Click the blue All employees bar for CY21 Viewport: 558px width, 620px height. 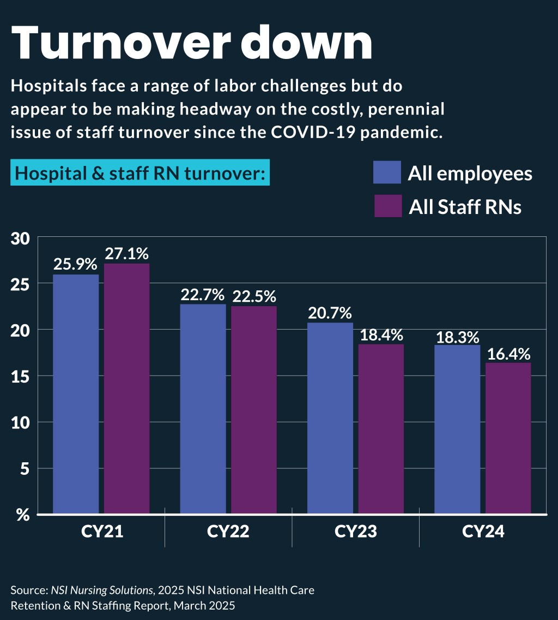[x=76, y=394]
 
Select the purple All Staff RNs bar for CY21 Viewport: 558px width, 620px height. [x=126, y=388]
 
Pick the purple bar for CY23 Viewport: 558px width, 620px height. [x=381, y=428]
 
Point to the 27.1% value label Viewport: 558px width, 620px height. [x=127, y=254]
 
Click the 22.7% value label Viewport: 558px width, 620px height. [x=203, y=295]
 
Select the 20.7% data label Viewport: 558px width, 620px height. [x=330, y=313]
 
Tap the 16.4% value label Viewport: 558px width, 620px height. [x=508, y=354]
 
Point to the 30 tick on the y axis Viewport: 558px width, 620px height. [x=21, y=238]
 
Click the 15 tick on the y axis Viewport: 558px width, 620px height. [x=21, y=376]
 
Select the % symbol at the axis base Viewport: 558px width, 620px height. [x=22, y=515]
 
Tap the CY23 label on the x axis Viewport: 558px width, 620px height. [x=355, y=532]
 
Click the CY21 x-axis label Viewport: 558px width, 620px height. [x=101, y=532]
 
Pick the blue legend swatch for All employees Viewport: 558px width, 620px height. [x=387, y=172]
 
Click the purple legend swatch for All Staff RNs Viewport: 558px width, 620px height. [x=387, y=206]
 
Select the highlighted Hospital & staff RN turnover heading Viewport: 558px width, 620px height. [x=140, y=174]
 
